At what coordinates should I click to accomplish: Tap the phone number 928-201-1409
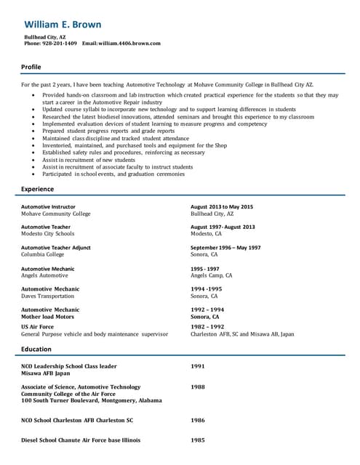point(60,44)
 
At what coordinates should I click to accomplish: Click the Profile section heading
point(31,67)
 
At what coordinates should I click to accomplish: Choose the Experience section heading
point(37,189)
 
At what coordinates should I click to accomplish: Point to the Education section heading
point(36,349)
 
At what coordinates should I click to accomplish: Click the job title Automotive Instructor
point(48,207)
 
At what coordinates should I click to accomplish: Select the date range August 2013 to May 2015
point(222,207)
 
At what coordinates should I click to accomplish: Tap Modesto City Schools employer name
point(47,234)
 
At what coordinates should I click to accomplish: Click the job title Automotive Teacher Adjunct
point(56,248)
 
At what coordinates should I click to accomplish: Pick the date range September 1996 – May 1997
point(225,248)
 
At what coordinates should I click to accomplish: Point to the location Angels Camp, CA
point(211,275)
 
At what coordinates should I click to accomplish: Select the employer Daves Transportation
point(47,296)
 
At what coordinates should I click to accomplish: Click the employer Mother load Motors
point(47,317)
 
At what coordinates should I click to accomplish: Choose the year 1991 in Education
point(198,366)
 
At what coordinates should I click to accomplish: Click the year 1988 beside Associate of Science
point(198,387)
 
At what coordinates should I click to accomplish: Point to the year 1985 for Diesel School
point(198,440)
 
